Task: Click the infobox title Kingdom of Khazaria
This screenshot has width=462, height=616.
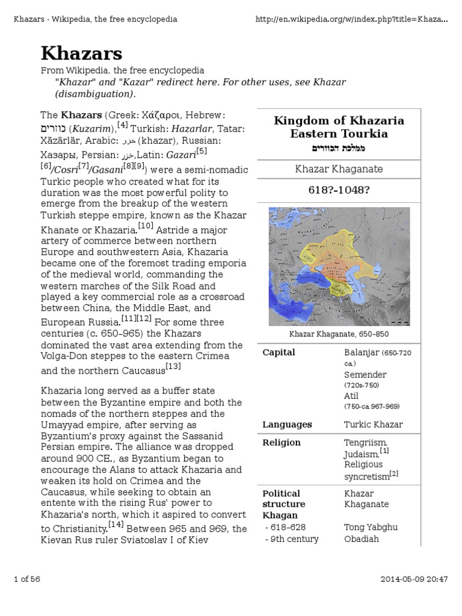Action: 339,120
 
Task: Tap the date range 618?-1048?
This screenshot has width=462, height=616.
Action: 339,191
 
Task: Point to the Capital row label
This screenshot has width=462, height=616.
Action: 279,353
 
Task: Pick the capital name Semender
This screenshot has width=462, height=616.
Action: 365,374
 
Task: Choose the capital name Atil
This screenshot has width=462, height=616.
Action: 351,396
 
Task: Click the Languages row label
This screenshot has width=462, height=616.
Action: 287,425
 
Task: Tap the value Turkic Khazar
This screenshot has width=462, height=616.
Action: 373,425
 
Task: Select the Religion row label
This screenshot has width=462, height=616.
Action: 281,443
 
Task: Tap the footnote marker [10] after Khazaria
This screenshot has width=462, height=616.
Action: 146,226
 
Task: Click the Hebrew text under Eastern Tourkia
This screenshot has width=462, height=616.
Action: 339,148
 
